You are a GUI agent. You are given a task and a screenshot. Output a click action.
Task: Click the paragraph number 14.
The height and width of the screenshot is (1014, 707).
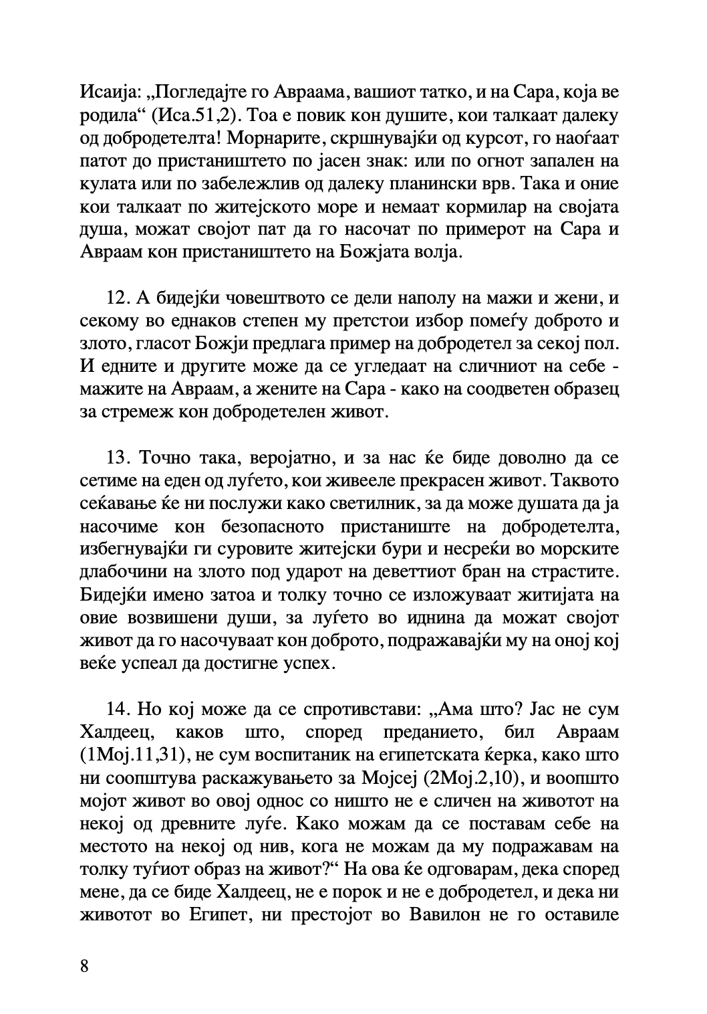point(118,708)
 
